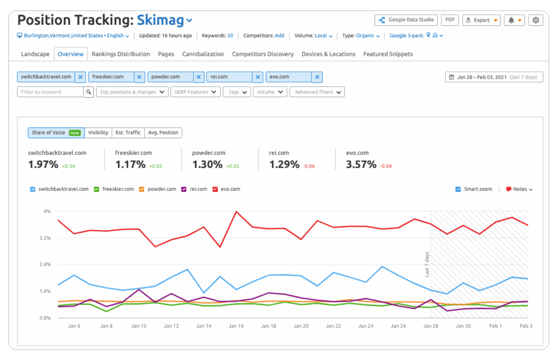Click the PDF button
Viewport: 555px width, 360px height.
450,20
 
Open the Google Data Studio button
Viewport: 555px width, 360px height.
406,20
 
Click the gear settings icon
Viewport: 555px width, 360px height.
536,20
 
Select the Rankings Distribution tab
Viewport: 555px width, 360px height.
121,54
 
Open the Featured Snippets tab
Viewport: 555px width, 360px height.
388,54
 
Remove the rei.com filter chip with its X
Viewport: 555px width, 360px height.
258,77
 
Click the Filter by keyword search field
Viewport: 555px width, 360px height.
50,92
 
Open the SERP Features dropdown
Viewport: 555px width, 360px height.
195,92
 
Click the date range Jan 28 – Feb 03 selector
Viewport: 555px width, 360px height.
494,77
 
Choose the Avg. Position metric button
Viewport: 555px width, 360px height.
163,133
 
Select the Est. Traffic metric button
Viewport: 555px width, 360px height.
128,133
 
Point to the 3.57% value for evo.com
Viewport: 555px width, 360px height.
361,165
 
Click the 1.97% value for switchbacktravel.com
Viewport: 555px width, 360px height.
43,165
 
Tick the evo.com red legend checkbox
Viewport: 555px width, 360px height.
215,189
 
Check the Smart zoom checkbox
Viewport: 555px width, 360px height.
458,189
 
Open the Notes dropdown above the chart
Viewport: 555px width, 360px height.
519,189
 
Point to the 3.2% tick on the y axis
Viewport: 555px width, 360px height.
46,238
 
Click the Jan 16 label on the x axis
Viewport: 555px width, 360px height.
236,326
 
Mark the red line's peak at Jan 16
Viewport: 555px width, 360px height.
236,212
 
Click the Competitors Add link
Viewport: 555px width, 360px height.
279,36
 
